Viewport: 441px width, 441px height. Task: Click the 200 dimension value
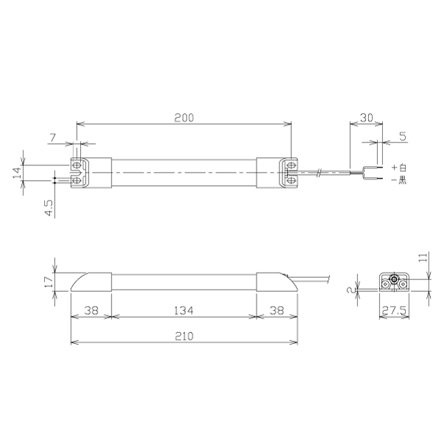184,118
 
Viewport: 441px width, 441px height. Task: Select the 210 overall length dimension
184,336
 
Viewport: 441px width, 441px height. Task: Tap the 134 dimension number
184,310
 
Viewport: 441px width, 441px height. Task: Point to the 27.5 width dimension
394,311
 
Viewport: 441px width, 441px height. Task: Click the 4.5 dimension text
49,208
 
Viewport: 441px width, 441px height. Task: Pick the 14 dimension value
17,173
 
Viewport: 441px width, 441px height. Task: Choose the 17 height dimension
49,282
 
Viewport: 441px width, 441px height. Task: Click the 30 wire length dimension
367,118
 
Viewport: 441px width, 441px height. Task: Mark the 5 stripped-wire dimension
403,137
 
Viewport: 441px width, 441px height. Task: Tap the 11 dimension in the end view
423,257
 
